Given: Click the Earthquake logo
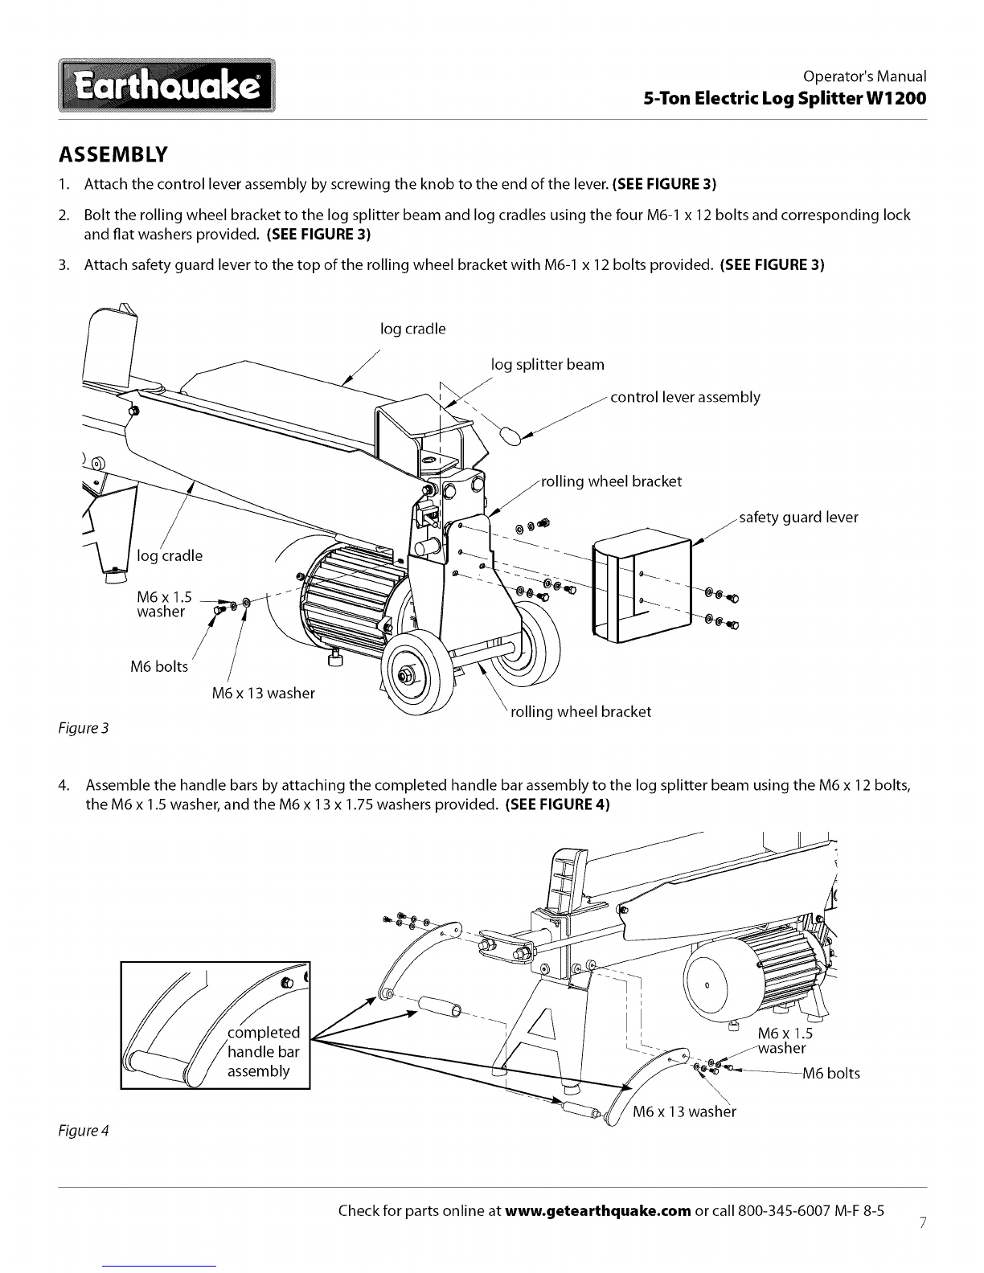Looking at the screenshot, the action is point(166,85).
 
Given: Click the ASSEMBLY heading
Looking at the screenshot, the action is point(113,154).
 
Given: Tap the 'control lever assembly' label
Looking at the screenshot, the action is point(685,397).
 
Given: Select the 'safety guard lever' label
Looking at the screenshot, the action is point(798,518).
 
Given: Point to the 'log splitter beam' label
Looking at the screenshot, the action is point(547,364).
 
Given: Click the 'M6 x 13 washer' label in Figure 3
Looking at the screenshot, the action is point(263,693).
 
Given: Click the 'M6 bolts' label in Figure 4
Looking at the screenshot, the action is point(831,1073).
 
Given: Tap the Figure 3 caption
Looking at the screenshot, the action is point(84,728).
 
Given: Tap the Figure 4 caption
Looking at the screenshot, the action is point(84,1131).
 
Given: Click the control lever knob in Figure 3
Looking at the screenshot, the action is point(510,436).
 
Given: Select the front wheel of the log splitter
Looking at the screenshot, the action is point(418,675).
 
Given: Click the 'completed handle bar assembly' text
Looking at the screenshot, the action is point(263,1051).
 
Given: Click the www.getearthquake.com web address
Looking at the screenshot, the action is point(598,1211).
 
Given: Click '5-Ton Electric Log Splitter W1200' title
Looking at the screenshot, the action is point(785,98).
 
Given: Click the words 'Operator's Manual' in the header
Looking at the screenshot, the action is point(864,76).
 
